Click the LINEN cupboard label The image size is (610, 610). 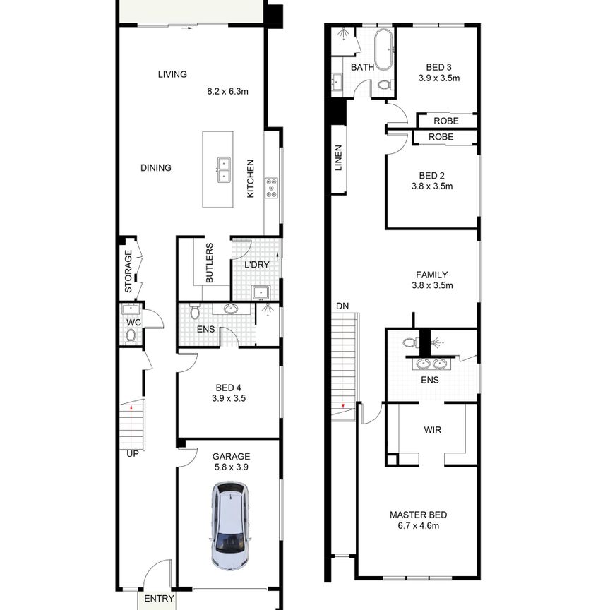click(x=338, y=159)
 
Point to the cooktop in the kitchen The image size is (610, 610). click(x=272, y=188)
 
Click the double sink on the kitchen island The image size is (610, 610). click(x=225, y=168)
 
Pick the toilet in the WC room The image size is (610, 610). click(x=131, y=335)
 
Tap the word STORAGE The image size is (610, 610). click(x=128, y=272)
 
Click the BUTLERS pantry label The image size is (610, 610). click(x=210, y=263)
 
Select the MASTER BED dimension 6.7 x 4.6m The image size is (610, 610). click(x=418, y=526)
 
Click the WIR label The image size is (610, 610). click(x=433, y=429)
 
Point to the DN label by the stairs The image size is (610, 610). click(x=342, y=306)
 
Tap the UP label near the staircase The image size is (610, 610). click(x=132, y=453)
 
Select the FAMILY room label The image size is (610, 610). click(x=432, y=275)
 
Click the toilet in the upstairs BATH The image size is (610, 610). click(x=384, y=85)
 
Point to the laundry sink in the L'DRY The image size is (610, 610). click(x=259, y=291)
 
